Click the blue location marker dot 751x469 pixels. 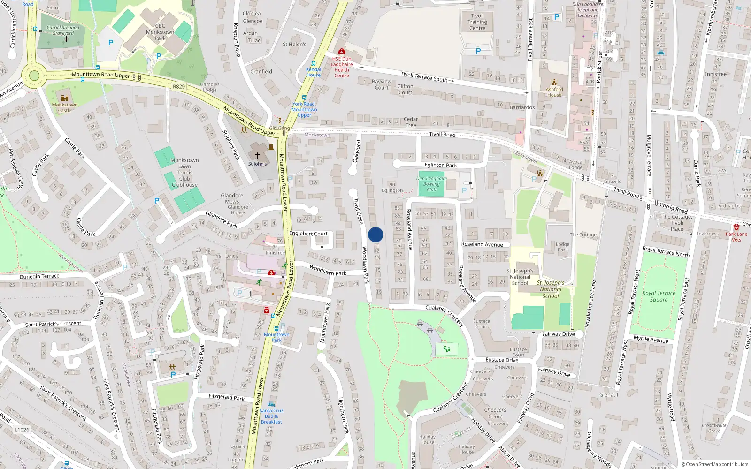[x=375, y=234]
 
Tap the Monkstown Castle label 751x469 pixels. [x=65, y=107]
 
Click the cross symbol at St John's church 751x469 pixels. [x=257, y=155]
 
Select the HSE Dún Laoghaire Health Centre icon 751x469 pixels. [x=342, y=51]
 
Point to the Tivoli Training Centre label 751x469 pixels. [x=477, y=22]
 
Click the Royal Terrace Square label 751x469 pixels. [x=659, y=296]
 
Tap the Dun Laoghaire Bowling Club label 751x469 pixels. [x=431, y=184]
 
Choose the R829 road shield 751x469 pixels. [x=179, y=87]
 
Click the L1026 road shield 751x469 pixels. [x=22, y=430]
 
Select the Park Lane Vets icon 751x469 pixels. [x=736, y=227]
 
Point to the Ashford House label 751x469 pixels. [x=554, y=92]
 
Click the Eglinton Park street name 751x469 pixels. [x=441, y=165]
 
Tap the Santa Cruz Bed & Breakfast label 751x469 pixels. [x=271, y=416]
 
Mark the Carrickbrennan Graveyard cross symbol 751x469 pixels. [x=67, y=39]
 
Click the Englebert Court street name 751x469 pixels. [x=308, y=234]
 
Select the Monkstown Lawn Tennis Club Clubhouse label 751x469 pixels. [x=184, y=173]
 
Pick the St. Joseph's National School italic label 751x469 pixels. [x=551, y=289]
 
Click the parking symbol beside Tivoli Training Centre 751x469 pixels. [x=478, y=51]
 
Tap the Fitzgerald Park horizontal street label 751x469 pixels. [x=226, y=397]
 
